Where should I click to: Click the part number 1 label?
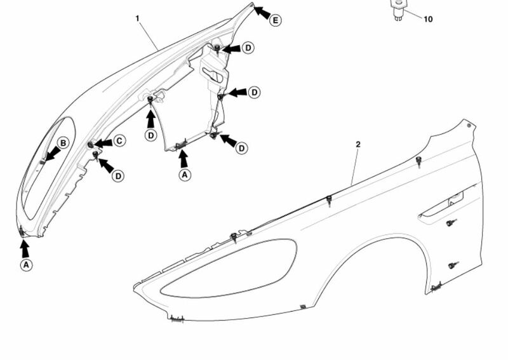[137, 18]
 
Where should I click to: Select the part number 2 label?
[358, 145]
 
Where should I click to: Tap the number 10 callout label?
[428, 20]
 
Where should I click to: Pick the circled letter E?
[276, 20]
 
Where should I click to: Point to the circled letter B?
[63, 143]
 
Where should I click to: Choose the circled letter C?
[119, 141]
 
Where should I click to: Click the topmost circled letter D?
[248, 48]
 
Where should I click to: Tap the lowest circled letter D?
[118, 176]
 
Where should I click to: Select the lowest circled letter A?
[26, 265]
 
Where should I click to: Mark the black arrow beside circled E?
[262, 12]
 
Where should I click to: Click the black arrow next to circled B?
[52, 154]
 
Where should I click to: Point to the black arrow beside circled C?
[103, 143]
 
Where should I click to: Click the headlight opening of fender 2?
[229, 269]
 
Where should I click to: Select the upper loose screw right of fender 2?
[451, 223]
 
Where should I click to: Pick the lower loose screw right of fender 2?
[453, 265]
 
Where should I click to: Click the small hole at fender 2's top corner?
[469, 125]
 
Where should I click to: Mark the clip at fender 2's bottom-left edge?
[177, 319]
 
